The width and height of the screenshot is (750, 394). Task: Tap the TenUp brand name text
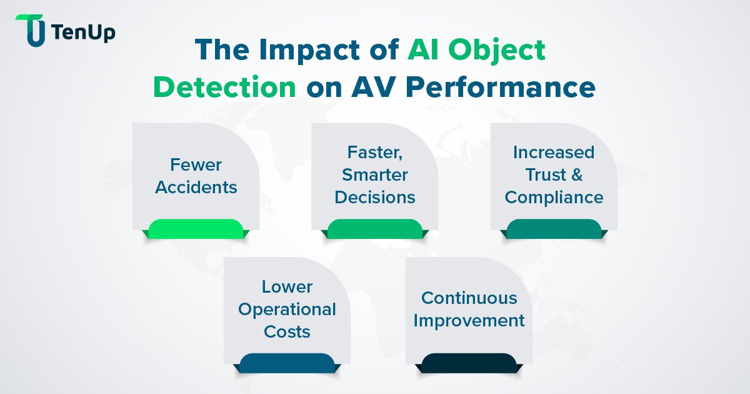[84, 32]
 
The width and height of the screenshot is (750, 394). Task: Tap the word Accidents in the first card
[196, 187]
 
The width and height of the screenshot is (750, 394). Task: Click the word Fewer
[196, 165]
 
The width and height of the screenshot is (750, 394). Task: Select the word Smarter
[375, 174]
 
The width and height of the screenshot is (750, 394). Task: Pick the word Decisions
[375, 197]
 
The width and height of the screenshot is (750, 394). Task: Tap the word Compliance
[554, 197]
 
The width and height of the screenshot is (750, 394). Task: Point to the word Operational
[287, 309]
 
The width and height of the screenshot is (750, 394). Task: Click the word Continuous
[469, 298]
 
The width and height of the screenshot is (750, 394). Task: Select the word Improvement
[469, 320]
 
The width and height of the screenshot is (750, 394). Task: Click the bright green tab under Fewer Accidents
[196, 229]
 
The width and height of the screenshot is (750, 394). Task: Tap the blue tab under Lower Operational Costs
[287, 363]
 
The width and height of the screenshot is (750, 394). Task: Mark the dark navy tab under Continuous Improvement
[469, 363]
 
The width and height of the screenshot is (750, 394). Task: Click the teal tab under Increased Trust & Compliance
[554, 229]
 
